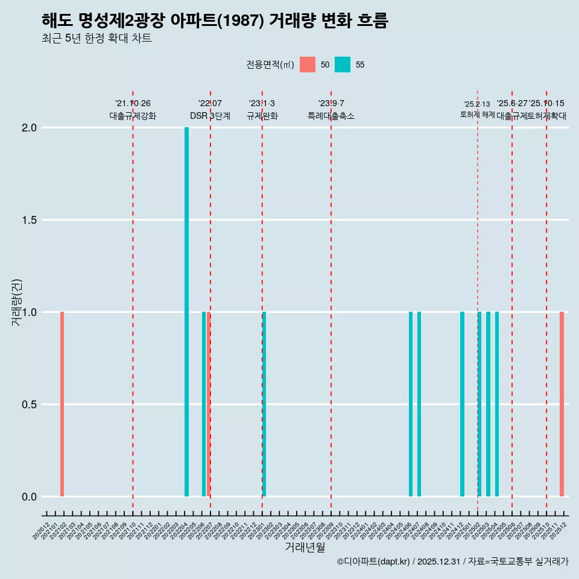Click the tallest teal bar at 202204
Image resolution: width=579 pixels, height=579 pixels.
[x=186, y=312]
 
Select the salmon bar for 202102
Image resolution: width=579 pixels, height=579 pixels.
[x=62, y=404]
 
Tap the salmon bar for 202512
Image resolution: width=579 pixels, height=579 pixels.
[x=562, y=404]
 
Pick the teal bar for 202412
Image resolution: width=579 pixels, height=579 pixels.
[x=462, y=404]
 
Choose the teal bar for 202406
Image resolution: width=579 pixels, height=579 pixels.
[x=411, y=404]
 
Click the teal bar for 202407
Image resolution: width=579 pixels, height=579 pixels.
[x=419, y=404]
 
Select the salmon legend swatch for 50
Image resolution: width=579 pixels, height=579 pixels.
[x=308, y=65]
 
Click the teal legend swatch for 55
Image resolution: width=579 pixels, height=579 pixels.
[x=343, y=65]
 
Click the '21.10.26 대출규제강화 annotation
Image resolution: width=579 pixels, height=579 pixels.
[x=133, y=110]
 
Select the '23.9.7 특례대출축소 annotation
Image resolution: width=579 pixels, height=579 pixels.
[x=331, y=110]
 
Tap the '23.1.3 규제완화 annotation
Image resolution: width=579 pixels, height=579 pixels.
[x=262, y=110]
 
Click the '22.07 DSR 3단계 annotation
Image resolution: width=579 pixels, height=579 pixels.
[x=210, y=110]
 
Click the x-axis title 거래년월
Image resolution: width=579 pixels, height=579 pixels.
[x=305, y=548]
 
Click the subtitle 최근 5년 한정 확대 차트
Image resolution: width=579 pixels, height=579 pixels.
[x=96, y=39]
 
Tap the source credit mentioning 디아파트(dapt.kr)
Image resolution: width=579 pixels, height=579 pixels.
[x=452, y=562]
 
